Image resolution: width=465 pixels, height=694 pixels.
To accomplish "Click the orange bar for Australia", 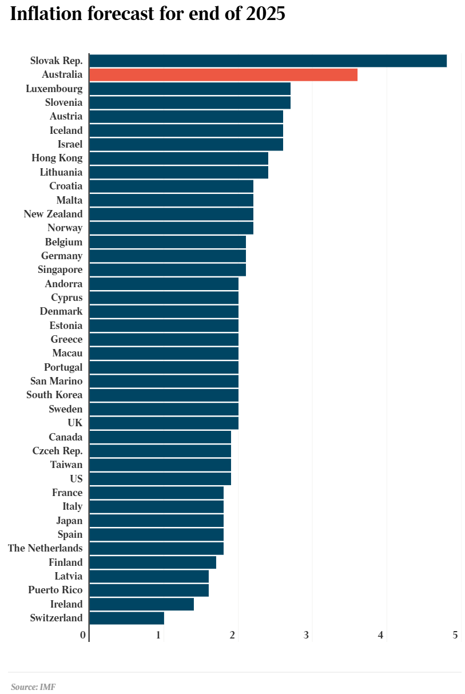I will pos(223,75).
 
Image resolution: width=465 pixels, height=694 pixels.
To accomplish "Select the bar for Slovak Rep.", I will pos(268,61).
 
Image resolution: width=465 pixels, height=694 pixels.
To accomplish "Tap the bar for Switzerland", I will pos(126,618).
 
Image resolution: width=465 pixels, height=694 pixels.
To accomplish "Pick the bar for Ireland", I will pos(141,604).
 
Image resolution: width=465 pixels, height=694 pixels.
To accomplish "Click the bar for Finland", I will pos(153,562).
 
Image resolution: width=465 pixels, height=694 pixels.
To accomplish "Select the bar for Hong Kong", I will pos(178,158).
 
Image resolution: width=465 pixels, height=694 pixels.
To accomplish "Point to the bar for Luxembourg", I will pos(190,89).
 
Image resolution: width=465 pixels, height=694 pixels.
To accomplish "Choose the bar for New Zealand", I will pos(171,214).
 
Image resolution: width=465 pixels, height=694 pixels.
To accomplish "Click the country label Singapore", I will pos(60,270).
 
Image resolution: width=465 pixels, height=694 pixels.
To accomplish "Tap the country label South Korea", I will pos(54,395).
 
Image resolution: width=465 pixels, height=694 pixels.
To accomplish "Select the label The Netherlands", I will pos(45,549).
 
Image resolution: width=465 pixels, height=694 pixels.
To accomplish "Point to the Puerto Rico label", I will pos(55,590).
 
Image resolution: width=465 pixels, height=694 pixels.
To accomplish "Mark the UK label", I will pos(75,423).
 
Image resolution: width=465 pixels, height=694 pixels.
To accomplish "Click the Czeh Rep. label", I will pos(57,451).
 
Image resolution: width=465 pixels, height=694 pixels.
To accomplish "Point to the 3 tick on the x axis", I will pos(307,635).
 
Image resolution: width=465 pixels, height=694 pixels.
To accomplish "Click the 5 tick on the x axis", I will pos(455,635).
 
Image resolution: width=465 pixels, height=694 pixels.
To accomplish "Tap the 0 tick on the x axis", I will pos(83,635).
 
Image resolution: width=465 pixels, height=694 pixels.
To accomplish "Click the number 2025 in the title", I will pos(265,14).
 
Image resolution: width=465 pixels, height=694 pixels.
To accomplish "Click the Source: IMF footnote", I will pos(33,687).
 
